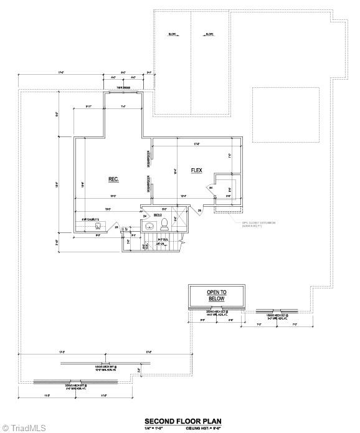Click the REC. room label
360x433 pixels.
pos(113,179)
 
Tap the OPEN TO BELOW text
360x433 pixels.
pos(217,295)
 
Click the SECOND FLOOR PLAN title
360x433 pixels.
pos(182,421)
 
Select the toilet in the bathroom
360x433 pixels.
pos(165,222)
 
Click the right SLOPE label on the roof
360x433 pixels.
pos(209,34)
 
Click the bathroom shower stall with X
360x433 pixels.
pos(177,218)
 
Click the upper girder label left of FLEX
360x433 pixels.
pos(148,159)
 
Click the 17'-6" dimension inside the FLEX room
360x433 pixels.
pos(197,145)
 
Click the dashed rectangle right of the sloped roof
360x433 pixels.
pos(285,106)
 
